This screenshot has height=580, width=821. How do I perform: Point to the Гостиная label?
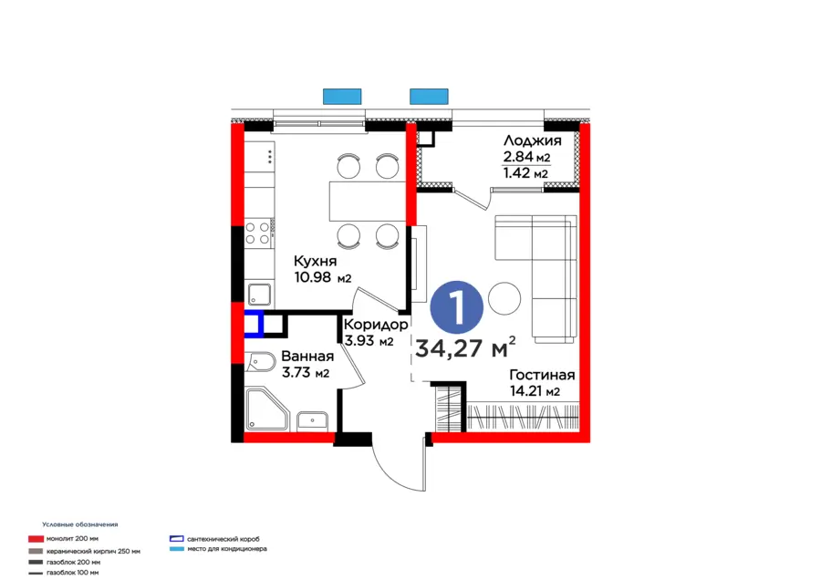[542, 375]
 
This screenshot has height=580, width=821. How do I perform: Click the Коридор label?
[376, 325]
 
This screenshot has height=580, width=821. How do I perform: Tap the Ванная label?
[307, 357]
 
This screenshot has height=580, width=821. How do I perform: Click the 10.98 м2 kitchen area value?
[322, 278]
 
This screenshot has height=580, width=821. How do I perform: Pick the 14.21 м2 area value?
[535, 392]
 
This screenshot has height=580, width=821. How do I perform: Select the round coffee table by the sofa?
[504, 297]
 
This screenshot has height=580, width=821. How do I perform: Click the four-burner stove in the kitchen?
[260, 233]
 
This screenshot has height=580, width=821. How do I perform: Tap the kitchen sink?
[259, 294]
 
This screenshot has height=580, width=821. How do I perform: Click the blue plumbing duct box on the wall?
[253, 324]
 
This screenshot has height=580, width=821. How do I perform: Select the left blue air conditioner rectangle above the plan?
[343, 96]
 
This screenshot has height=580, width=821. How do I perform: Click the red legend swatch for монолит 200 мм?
[36, 539]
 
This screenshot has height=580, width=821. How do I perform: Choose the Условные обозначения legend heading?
[79, 524]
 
